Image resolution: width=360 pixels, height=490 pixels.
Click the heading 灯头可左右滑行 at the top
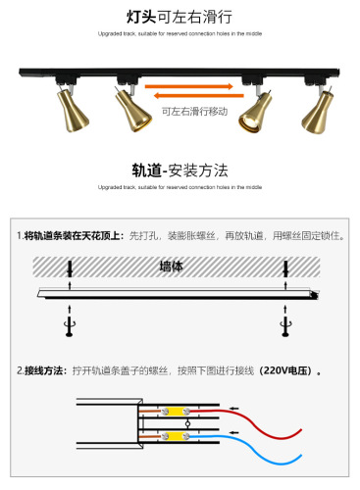[179, 18]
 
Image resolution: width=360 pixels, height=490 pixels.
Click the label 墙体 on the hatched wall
[179, 266]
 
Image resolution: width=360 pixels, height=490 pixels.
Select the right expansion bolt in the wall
[285, 269]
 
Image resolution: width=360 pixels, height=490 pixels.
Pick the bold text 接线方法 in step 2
[47, 371]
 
